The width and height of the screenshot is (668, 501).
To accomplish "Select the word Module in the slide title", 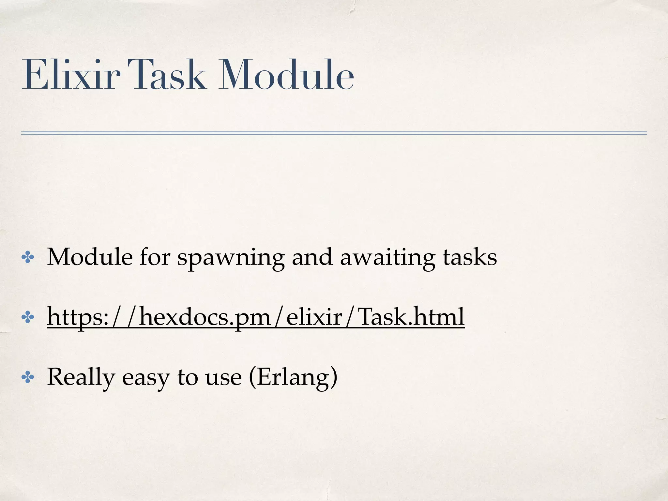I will [286, 75].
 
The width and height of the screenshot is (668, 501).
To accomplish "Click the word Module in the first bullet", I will [90, 257].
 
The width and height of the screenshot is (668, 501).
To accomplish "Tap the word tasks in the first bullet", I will [469, 257].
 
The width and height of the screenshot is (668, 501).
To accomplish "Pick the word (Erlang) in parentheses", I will [293, 377].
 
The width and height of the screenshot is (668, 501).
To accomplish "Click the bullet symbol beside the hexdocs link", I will [28, 318].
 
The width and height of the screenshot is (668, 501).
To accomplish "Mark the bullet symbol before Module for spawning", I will [28, 258].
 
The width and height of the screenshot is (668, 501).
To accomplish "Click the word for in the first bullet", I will [155, 257].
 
